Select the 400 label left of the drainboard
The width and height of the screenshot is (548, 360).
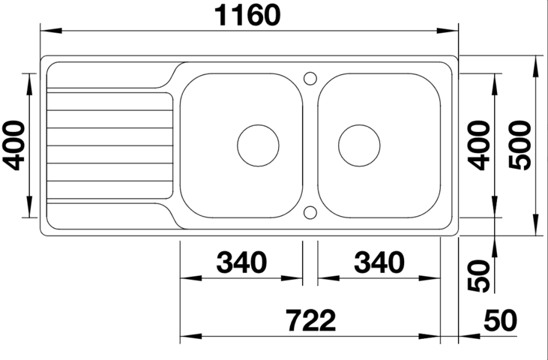(14, 145)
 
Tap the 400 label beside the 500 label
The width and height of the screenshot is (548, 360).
(481, 145)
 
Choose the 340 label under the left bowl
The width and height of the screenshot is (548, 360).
(241, 262)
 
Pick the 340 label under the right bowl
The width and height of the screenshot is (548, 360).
(379, 262)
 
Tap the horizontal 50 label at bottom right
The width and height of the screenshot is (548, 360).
(500, 321)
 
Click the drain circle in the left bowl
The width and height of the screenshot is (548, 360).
(258, 145)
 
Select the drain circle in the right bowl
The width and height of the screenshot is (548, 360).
(359, 145)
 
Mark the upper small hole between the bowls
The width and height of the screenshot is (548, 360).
(310, 77)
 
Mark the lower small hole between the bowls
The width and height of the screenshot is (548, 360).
(310, 213)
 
